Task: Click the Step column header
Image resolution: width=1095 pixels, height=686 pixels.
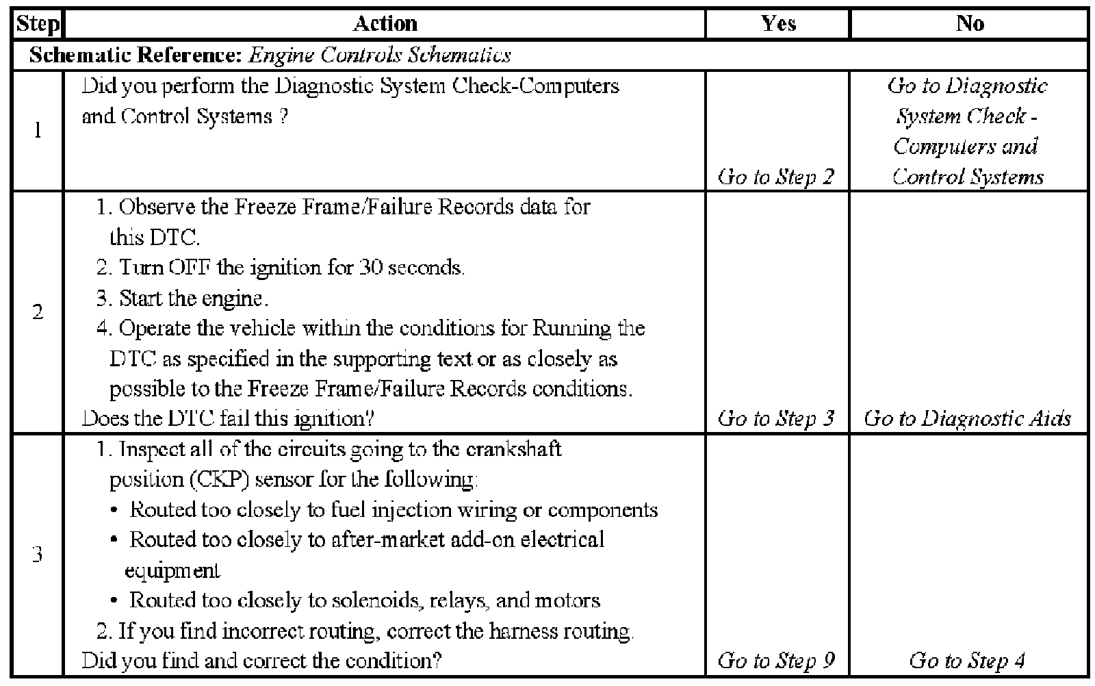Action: point(38,23)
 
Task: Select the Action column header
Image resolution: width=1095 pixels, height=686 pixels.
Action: point(385,23)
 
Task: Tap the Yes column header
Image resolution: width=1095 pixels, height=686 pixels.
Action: point(778,23)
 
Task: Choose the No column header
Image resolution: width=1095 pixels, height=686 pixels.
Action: point(970,23)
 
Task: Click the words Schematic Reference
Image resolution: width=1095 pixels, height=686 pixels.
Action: point(134,55)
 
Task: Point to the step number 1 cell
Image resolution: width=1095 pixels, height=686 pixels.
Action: point(38,131)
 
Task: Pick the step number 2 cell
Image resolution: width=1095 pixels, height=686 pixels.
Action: point(38,313)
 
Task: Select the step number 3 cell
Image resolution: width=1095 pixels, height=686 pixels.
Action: point(38,554)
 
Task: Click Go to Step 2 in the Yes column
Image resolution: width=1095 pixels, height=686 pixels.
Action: point(776,177)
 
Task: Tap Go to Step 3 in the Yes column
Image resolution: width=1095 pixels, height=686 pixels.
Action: point(776,418)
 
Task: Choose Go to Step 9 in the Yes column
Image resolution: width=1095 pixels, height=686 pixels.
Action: point(776,661)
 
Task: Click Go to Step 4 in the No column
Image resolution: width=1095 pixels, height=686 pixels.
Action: point(967,661)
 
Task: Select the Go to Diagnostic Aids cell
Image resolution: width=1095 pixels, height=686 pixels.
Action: point(967,418)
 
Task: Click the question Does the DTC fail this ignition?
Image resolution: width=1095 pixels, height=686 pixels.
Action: point(227,418)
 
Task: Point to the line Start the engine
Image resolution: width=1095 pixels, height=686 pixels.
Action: point(182,298)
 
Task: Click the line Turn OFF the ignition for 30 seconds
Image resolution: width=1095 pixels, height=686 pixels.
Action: point(281,268)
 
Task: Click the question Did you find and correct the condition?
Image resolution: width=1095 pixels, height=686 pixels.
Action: point(261,661)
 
